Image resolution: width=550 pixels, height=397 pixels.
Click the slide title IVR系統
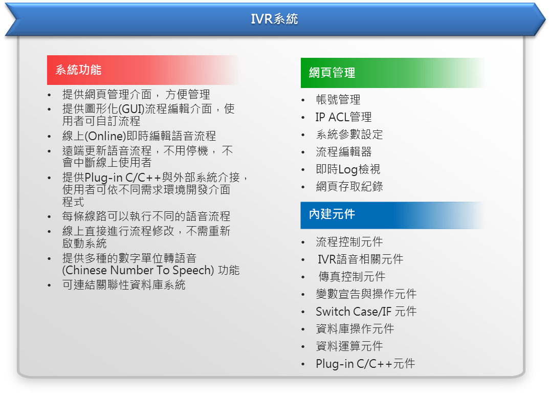click(x=274, y=19)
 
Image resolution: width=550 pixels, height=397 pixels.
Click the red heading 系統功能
click(x=79, y=70)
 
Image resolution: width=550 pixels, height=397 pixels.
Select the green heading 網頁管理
click(x=332, y=73)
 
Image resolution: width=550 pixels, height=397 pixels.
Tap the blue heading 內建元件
click(x=332, y=214)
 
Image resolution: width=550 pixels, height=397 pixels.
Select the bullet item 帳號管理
click(x=338, y=100)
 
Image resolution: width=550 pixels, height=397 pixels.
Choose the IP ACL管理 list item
click(x=343, y=117)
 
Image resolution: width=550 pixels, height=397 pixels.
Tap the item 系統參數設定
click(x=349, y=135)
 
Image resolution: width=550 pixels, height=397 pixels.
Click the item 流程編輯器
click(x=344, y=152)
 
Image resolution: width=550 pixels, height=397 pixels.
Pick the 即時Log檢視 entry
click(x=348, y=169)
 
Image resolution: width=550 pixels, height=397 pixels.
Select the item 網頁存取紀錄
click(x=349, y=187)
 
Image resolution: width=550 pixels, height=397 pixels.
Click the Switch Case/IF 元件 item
click(x=366, y=312)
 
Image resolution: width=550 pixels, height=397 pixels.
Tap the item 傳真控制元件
click(x=352, y=277)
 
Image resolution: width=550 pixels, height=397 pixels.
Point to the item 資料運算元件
click(x=349, y=346)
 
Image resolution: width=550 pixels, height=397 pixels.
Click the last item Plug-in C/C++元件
click(x=365, y=364)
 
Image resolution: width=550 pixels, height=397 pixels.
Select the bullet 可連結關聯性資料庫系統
click(x=124, y=285)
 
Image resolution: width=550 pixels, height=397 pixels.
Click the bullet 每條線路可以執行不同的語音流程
click(x=146, y=216)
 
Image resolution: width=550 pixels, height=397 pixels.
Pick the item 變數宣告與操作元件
click(x=366, y=294)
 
